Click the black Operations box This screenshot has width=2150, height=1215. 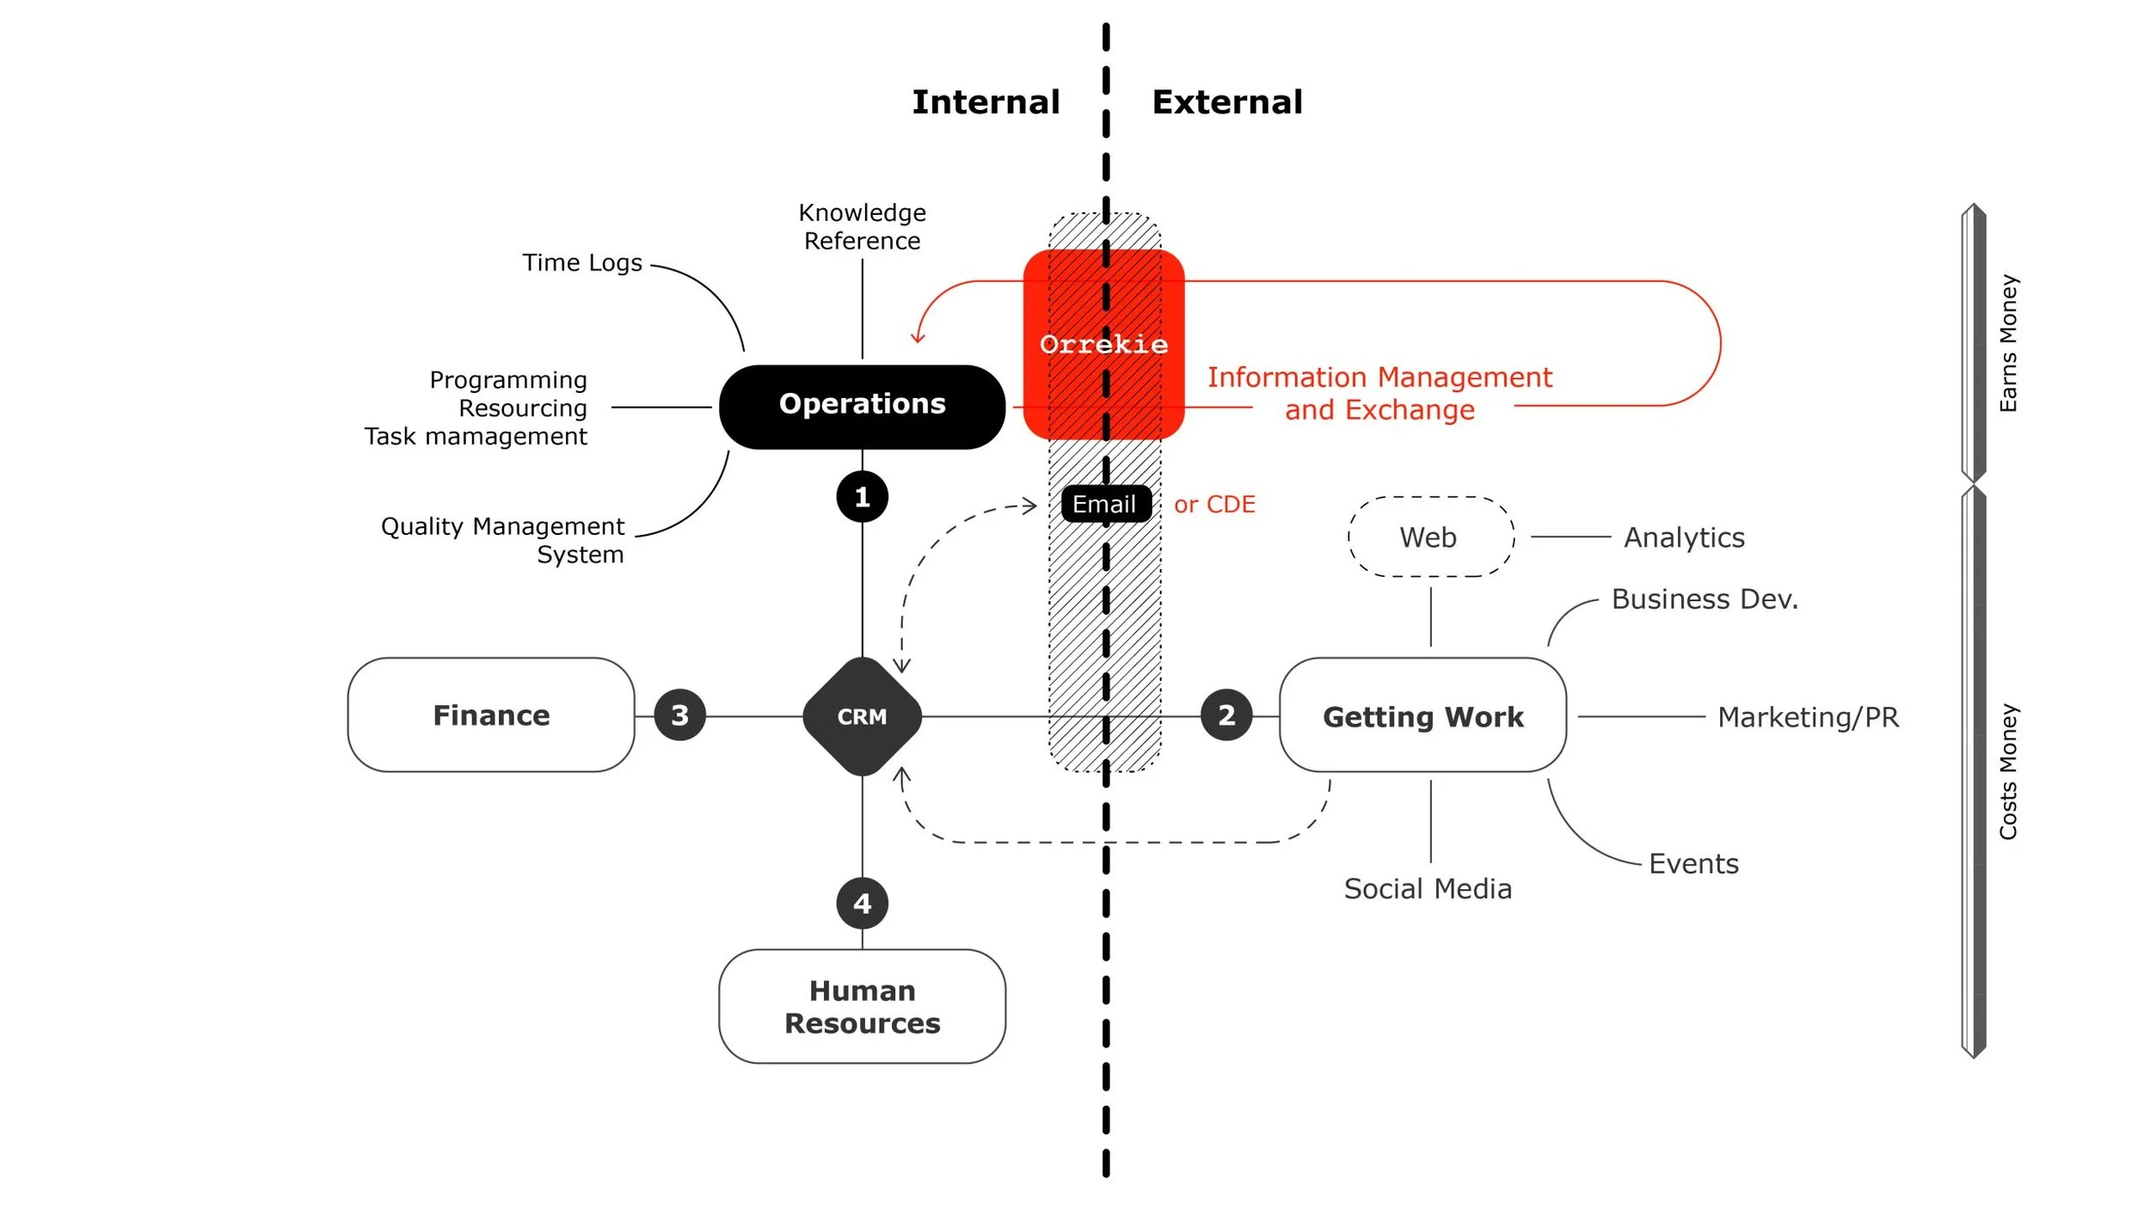click(x=862, y=407)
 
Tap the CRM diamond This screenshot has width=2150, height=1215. click(x=862, y=716)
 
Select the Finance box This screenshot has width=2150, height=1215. click(x=491, y=715)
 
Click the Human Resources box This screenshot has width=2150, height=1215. click(x=862, y=1006)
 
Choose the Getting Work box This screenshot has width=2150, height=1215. click(x=1422, y=715)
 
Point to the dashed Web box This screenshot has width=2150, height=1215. click(x=1431, y=537)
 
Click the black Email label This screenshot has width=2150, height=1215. click(x=1105, y=504)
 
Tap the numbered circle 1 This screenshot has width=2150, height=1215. click(x=862, y=497)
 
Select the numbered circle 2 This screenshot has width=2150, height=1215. click(x=1226, y=715)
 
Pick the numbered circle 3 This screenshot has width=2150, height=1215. click(x=679, y=715)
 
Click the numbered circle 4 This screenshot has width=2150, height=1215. click(x=862, y=903)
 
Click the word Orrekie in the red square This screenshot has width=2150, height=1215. click(x=1103, y=345)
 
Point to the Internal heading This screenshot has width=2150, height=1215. click(x=986, y=102)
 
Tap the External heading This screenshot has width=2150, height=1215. click(x=1227, y=102)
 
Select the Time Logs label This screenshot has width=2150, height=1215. click(x=582, y=263)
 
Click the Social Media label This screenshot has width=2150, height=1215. click(x=1428, y=889)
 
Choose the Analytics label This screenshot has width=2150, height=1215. click(x=1684, y=538)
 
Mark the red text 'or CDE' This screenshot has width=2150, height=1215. click(x=1214, y=505)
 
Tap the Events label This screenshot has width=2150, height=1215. click(x=1693, y=864)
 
